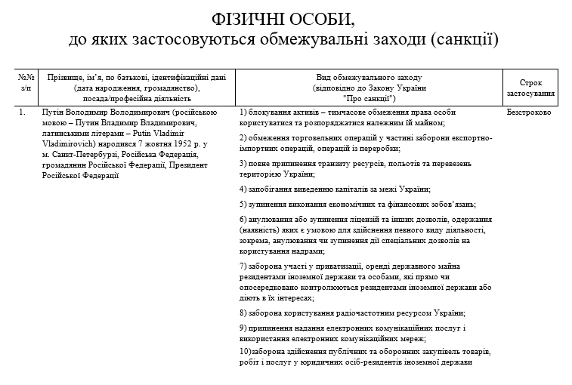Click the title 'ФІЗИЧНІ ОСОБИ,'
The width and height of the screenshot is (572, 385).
point(286,17)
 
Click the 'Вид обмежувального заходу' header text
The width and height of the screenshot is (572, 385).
point(368,78)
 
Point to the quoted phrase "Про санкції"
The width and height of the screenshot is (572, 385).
point(368,98)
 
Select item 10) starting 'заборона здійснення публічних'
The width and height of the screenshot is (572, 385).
point(317,353)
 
